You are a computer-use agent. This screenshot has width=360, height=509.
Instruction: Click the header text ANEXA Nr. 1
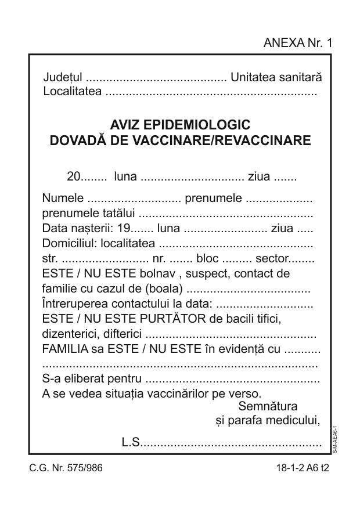(297, 42)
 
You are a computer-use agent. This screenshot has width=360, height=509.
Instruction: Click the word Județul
(63, 77)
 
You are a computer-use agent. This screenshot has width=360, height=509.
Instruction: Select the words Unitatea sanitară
(276, 77)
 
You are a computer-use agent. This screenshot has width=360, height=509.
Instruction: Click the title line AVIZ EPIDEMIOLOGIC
(180, 125)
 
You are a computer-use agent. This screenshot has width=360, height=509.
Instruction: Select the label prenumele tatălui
(88, 213)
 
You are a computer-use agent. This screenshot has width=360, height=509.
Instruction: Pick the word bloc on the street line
(208, 258)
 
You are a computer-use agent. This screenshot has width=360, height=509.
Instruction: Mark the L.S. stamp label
(131, 443)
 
